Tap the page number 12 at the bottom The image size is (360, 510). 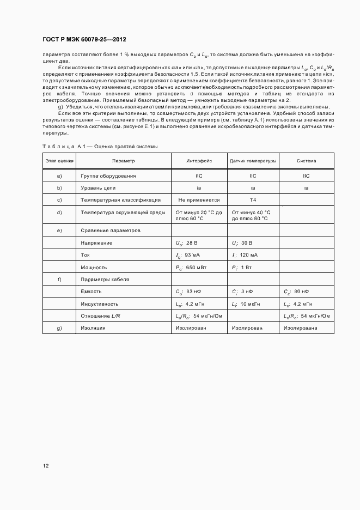pyautogui.click(x=46, y=465)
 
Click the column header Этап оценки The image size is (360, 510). pyautogui.click(x=59, y=161)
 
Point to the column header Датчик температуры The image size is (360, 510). pyautogui.click(x=253, y=161)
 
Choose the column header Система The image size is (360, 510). pyautogui.click(x=306, y=161)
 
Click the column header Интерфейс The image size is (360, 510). pyautogui.click(x=199, y=161)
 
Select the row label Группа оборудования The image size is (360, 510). pyautogui.click(x=108, y=176)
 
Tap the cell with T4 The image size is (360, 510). pyautogui.click(x=252, y=200)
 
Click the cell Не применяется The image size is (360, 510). pyautogui.click(x=199, y=200)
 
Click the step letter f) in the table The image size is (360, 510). pyautogui.click(x=59, y=280)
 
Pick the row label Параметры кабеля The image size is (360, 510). pyautogui.click(x=105, y=280)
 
